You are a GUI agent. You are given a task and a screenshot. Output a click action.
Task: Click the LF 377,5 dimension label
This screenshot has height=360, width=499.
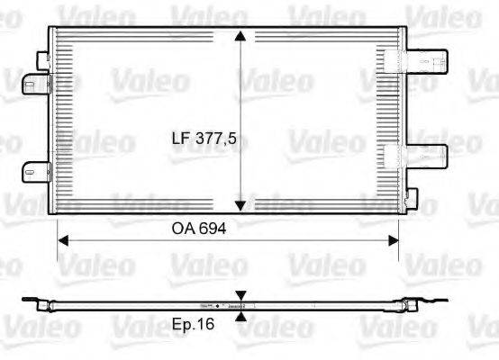click(207, 139)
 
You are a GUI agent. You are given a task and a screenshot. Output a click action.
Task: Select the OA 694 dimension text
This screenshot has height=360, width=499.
click(198, 229)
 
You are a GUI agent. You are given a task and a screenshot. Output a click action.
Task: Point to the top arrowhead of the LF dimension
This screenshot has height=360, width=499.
click(240, 37)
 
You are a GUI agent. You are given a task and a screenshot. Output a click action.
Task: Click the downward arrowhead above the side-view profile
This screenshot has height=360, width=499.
click(240, 295)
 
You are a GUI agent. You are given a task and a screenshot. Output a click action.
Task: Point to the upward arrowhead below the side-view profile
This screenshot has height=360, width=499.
click(240, 316)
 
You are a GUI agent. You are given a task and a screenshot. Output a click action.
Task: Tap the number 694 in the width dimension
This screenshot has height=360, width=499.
click(211, 229)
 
